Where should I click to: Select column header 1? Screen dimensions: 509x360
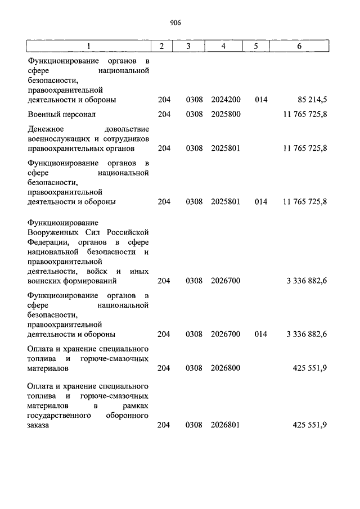tap(88, 46)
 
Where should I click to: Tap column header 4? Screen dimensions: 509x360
tap(223, 46)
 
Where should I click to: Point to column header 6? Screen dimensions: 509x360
tap(299, 46)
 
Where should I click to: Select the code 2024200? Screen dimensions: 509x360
tap(226, 100)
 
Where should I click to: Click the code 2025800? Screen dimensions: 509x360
tap(226, 114)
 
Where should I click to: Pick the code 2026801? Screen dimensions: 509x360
tap(226, 425)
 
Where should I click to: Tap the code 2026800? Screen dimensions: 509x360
tap(226, 368)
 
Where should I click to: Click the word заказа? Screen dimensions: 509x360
tap(38, 425)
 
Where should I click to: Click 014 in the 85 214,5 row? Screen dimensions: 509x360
tap(260, 100)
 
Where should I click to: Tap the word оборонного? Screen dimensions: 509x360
tap(128, 415)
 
